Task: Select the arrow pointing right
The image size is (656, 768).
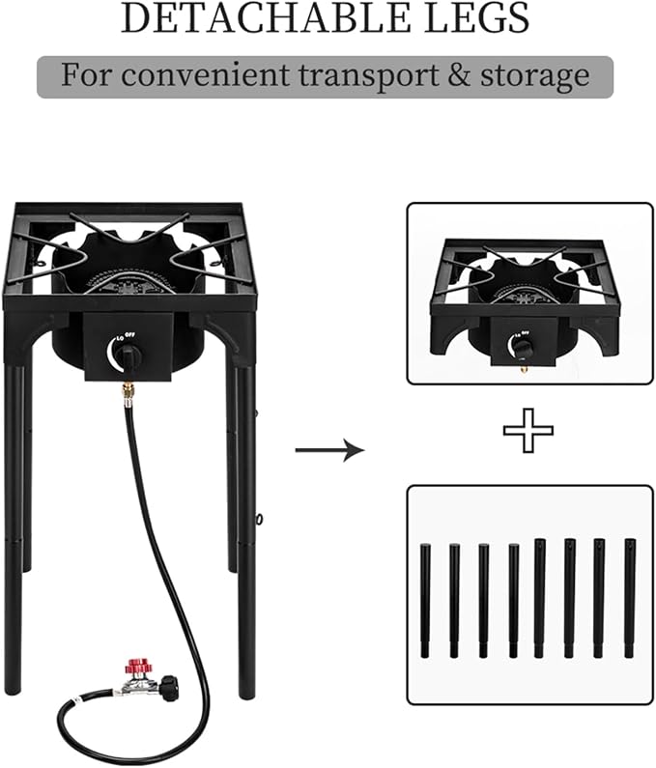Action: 329,449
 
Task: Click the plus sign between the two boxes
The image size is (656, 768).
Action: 528,430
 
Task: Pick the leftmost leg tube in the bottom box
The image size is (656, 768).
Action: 424,600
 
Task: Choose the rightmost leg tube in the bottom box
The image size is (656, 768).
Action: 630,598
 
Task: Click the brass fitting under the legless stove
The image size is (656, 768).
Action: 524,368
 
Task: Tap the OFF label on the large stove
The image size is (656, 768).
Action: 129,334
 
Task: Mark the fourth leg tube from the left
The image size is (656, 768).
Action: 513,600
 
